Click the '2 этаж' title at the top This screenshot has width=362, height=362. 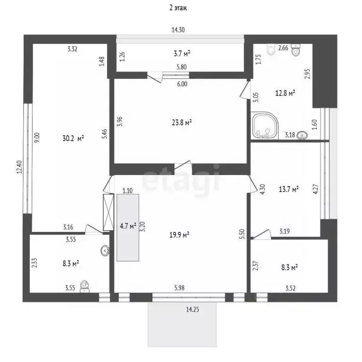pyautogui.click(x=178, y=8)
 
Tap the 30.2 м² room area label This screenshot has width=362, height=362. pyautogui.click(x=73, y=138)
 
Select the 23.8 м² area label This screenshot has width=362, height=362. pyautogui.click(x=182, y=122)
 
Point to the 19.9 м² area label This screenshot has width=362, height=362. pyautogui.click(x=180, y=235)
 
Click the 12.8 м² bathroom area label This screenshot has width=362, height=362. pyautogui.click(x=285, y=93)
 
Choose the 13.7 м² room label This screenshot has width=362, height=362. pyautogui.click(x=289, y=189)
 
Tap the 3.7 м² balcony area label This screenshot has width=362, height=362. pyautogui.click(x=182, y=54)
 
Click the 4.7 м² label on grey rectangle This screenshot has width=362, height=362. pyautogui.click(x=128, y=226)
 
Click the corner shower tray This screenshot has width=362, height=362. pyautogui.click(x=264, y=126)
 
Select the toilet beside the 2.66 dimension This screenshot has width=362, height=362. pyautogui.click(x=296, y=49)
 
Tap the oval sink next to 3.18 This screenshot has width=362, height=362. pyautogui.click(x=302, y=135)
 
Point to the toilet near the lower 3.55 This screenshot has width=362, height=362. pyautogui.click(x=84, y=286)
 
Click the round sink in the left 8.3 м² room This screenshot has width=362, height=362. pyautogui.click(x=105, y=250)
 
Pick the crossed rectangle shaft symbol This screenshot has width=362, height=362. pyautogui.click(x=108, y=213)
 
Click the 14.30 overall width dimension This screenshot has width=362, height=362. pyautogui.click(x=178, y=30)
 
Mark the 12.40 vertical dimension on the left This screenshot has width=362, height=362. pyautogui.click(x=19, y=167)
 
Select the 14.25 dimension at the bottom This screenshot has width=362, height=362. pyautogui.click(x=192, y=309)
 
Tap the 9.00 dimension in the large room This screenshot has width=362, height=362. pyautogui.click(x=37, y=137)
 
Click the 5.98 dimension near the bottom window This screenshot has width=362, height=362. pyautogui.click(x=180, y=288)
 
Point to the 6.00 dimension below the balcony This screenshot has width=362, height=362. pyautogui.click(x=182, y=84)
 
